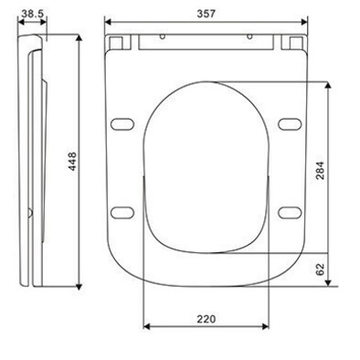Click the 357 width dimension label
(x=206, y=14)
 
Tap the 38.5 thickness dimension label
(x=33, y=13)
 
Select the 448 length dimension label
(x=72, y=161)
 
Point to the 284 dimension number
(x=321, y=170)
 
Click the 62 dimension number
(x=321, y=270)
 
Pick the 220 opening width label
(x=206, y=319)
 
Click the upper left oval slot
(x=122, y=124)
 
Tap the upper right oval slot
(x=290, y=124)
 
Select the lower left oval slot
(x=122, y=213)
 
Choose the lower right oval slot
(x=290, y=213)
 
